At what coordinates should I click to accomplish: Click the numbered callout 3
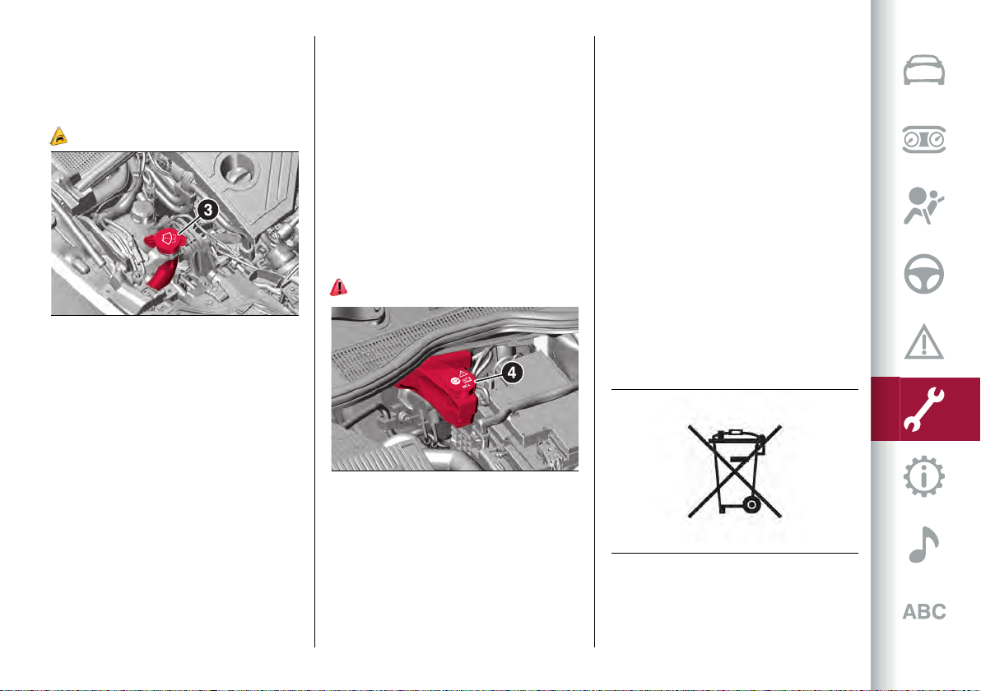tap(207, 210)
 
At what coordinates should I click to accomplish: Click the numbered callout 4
tap(512, 373)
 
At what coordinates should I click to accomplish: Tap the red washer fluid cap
tap(165, 241)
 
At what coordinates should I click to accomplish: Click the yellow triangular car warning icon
tap(58, 136)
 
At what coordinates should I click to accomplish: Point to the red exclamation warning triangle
tap(338, 287)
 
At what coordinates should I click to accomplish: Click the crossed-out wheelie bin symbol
tap(735, 471)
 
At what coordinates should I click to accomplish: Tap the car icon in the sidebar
tap(924, 70)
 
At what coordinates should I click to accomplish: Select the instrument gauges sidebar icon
tap(924, 139)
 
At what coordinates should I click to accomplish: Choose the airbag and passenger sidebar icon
tap(923, 206)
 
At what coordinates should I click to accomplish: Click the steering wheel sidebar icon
tap(924, 274)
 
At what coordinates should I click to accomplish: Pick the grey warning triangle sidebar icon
tap(924, 341)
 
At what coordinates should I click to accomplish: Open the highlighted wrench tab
tap(924, 409)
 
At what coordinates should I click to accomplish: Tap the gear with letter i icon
tap(924, 476)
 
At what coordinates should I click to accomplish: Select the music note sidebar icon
tap(924, 545)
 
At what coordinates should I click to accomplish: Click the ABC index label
tap(924, 611)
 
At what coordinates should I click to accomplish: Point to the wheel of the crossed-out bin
tap(751, 504)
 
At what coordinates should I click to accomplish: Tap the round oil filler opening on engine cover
tap(236, 167)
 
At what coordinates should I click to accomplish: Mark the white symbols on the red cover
tap(463, 379)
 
